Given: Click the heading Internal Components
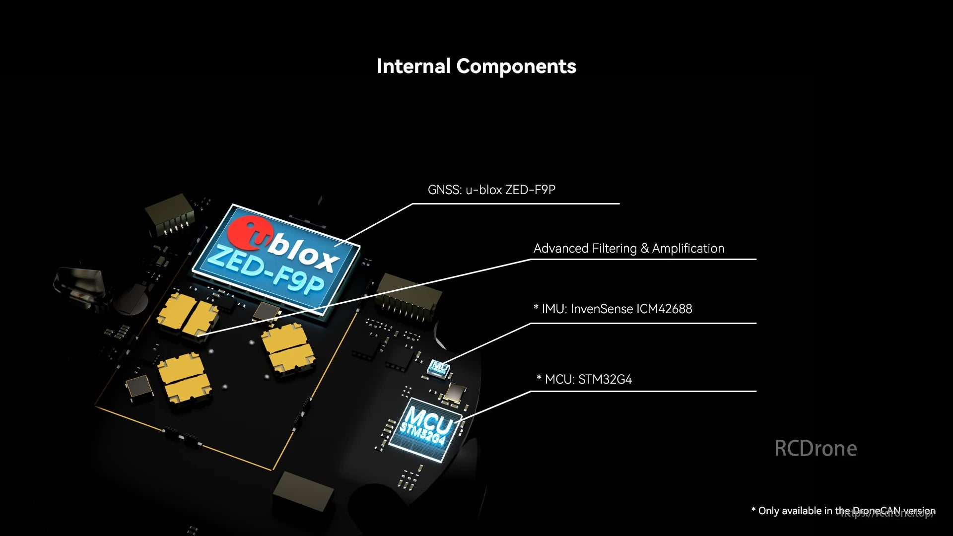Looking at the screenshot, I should tap(476, 67).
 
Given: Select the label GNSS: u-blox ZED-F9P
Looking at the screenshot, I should tap(491, 190).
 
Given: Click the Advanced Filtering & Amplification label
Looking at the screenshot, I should tap(628, 248).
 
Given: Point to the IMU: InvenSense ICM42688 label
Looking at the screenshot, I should tap(613, 309).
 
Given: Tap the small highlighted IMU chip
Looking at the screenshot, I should tap(439, 367).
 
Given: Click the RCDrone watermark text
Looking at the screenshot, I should tap(816, 448).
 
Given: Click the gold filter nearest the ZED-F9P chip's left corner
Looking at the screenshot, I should tap(188, 316).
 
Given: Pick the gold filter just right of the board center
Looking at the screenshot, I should tap(288, 347).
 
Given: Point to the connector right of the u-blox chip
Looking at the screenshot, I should tap(409, 296).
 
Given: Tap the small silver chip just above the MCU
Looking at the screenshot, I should tap(455, 392).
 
